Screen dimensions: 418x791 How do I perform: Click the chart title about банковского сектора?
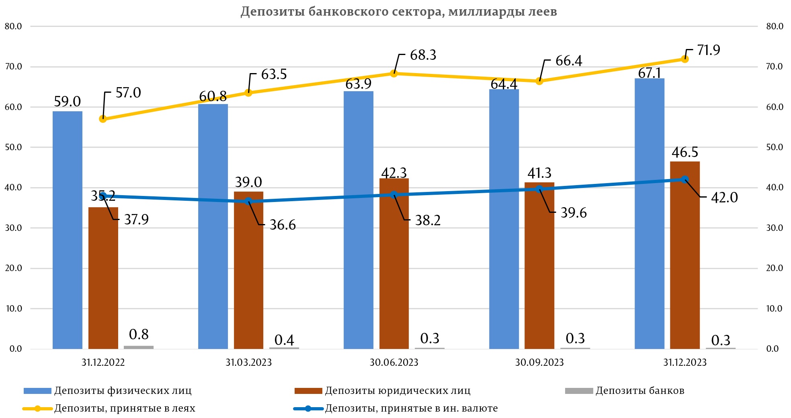coord(398,12)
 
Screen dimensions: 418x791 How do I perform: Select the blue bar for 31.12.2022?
coord(68,230)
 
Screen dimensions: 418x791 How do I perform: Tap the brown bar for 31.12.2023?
coord(684,255)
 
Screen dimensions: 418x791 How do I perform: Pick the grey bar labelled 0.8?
coord(139,347)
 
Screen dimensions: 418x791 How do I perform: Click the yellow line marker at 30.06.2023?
coord(394,73)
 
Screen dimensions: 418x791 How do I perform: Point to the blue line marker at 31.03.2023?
coord(248,201)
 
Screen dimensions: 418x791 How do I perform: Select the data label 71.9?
coord(709,50)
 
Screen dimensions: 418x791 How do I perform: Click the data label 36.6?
coord(283,225)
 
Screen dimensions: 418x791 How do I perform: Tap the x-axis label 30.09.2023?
coord(539,363)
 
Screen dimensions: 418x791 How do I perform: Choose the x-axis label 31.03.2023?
coord(248,363)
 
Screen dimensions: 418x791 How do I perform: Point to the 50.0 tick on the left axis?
coord(13,147)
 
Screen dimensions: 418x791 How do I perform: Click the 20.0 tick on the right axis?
coord(775,268)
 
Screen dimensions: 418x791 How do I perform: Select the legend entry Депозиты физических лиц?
coord(123,391)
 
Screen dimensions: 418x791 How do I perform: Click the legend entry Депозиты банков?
coord(639,391)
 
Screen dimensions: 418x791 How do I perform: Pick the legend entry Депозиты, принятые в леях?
coord(125,408)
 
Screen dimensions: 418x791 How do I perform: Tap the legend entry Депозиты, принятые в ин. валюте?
coord(411,408)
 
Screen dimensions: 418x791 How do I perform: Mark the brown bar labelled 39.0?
coord(248,270)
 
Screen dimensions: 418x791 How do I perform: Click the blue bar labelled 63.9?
coord(359,220)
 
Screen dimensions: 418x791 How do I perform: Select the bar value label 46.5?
coord(685,153)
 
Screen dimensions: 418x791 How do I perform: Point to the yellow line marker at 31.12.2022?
coord(103,119)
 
